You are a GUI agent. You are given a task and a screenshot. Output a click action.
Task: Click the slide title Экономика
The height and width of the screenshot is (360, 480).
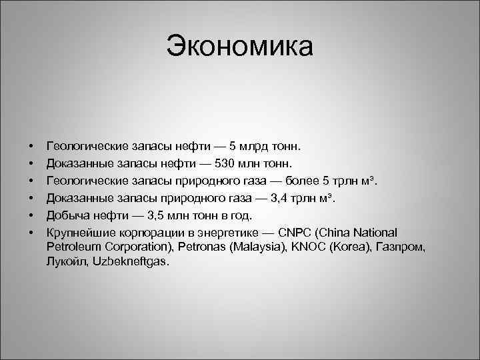point(239,47)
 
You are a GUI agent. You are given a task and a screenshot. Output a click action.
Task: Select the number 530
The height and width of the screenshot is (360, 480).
point(234,163)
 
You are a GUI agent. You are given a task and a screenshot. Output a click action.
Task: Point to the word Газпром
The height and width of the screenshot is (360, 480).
point(403,248)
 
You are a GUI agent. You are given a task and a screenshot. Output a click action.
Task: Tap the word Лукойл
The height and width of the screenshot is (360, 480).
point(67,262)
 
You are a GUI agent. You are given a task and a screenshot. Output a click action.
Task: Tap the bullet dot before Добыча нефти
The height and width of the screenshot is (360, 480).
point(31,217)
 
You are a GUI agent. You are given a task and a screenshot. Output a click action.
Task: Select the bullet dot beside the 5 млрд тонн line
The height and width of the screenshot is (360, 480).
point(31,145)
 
